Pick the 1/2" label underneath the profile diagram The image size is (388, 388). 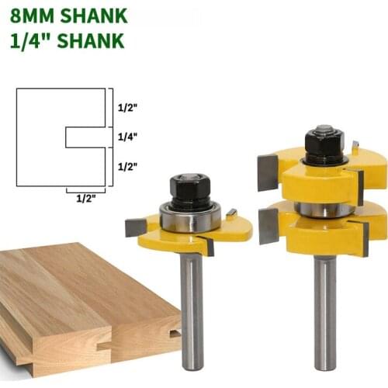point(85,198)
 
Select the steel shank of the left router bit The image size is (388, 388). point(191,310)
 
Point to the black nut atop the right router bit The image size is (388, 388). point(324,142)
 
